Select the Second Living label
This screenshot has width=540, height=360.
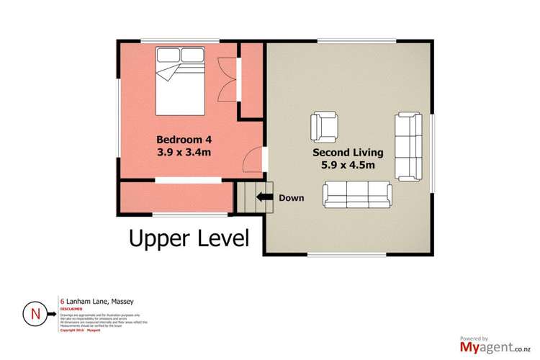353,153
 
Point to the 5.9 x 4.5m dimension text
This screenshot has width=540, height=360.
353,167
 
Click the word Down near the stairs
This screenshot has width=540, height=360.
292,198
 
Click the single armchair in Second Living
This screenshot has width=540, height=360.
324,127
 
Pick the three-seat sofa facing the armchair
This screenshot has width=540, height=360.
356,192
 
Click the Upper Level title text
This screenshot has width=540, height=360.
189,238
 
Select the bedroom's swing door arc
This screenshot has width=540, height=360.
253,160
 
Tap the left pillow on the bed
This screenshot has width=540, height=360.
169,55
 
